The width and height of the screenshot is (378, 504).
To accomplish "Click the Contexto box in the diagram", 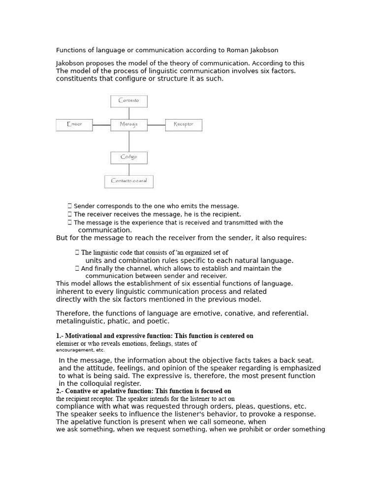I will click(129, 101).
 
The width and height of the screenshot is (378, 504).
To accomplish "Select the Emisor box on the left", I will click(74, 125).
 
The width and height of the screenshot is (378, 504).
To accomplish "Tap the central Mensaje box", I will click(129, 125).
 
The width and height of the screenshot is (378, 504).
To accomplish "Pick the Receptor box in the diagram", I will click(184, 125).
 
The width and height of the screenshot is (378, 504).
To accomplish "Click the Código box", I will click(129, 157).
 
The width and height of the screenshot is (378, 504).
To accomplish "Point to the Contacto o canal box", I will click(129, 181).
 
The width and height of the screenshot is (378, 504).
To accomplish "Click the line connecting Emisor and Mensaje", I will click(101, 125).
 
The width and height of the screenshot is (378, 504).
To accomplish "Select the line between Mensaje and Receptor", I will click(157, 125).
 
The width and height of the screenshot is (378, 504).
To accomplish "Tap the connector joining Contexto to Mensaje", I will click(129, 113).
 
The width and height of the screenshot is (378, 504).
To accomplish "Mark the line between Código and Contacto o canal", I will click(129, 169).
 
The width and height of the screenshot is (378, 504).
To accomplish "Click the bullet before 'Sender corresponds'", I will click(70, 206).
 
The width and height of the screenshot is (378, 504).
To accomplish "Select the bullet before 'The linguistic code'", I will click(77, 252).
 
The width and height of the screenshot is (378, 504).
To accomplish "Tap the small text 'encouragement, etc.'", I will click(80, 350).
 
